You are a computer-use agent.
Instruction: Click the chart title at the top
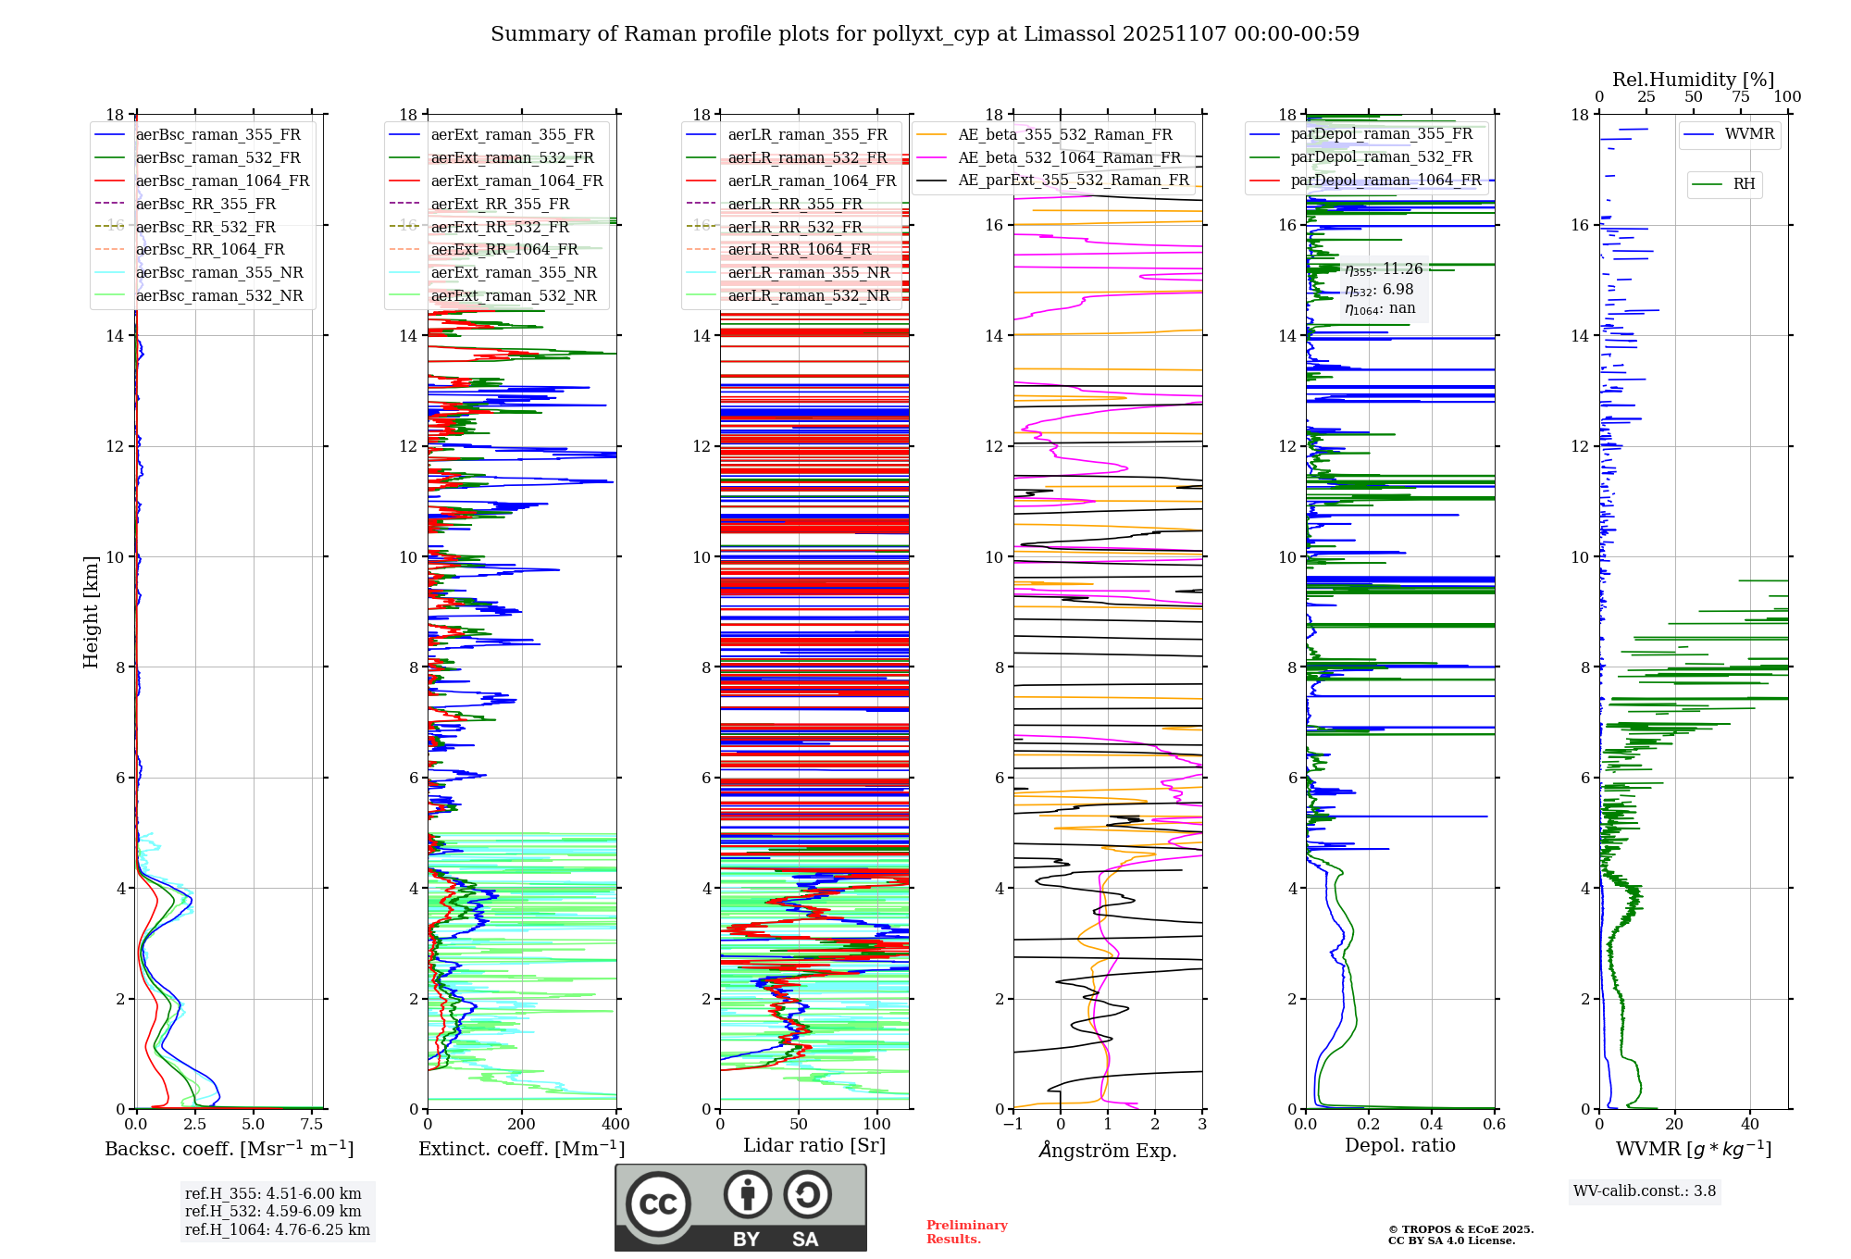(x=925, y=34)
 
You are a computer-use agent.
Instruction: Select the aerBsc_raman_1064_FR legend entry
(x=222, y=181)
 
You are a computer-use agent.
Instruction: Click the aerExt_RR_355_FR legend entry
(x=500, y=204)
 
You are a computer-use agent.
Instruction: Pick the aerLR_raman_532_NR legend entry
(x=808, y=295)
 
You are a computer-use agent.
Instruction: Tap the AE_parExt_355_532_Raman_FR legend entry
(x=1073, y=180)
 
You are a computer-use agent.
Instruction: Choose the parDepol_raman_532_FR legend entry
(x=1381, y=156)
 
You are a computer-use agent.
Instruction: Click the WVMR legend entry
(x=1748, y=134)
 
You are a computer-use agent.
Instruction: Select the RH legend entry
(x=1744, y=184)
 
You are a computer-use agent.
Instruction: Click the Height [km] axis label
(x=91, y=611)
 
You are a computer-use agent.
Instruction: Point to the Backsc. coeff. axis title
(x=229, y=1149)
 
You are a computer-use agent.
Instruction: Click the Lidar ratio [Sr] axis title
(x=814, y=1145)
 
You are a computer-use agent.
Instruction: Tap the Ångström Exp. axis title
(x=1108, y=1151)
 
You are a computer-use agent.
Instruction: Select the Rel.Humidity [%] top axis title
(x=1693, y=80)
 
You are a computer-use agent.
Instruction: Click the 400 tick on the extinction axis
(x=615, y=1125)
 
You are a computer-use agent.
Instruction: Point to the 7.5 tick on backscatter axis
(x=312, y=1125)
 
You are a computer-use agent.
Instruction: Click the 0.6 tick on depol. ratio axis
(x=1494, y=1125)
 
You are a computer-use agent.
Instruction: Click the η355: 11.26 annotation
(x=1384, y=269)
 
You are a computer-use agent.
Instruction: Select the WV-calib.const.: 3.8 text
(x=1645, y=1191)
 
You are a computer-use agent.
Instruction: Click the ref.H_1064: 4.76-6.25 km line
(x=278, y=1230)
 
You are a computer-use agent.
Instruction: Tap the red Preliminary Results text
(x=966, y=1232)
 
